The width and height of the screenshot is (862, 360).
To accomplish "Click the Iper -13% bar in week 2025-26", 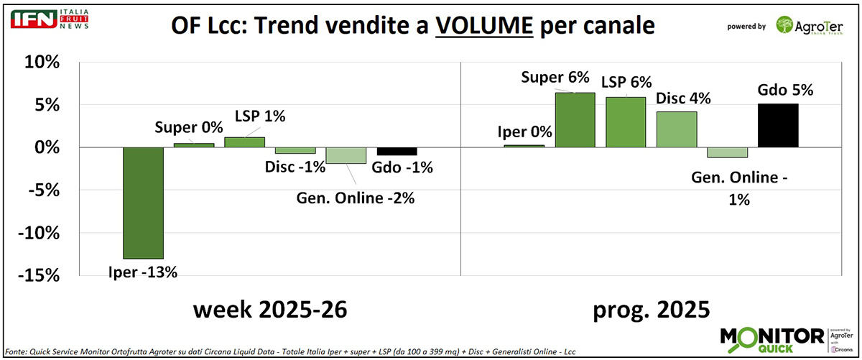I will (x=144, y=203).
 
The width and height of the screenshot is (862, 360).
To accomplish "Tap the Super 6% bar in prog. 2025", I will (x=575, y=120).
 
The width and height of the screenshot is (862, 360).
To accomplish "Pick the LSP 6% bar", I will (x=625, y=122).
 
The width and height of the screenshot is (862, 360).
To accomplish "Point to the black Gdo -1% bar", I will (x=397, y=151).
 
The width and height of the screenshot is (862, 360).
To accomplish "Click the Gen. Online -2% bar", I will (x=346, y=155).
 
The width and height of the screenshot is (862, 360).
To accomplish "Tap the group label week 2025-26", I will (x=270, y=310).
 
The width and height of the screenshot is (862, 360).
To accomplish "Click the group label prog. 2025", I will (x=651, y=310).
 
